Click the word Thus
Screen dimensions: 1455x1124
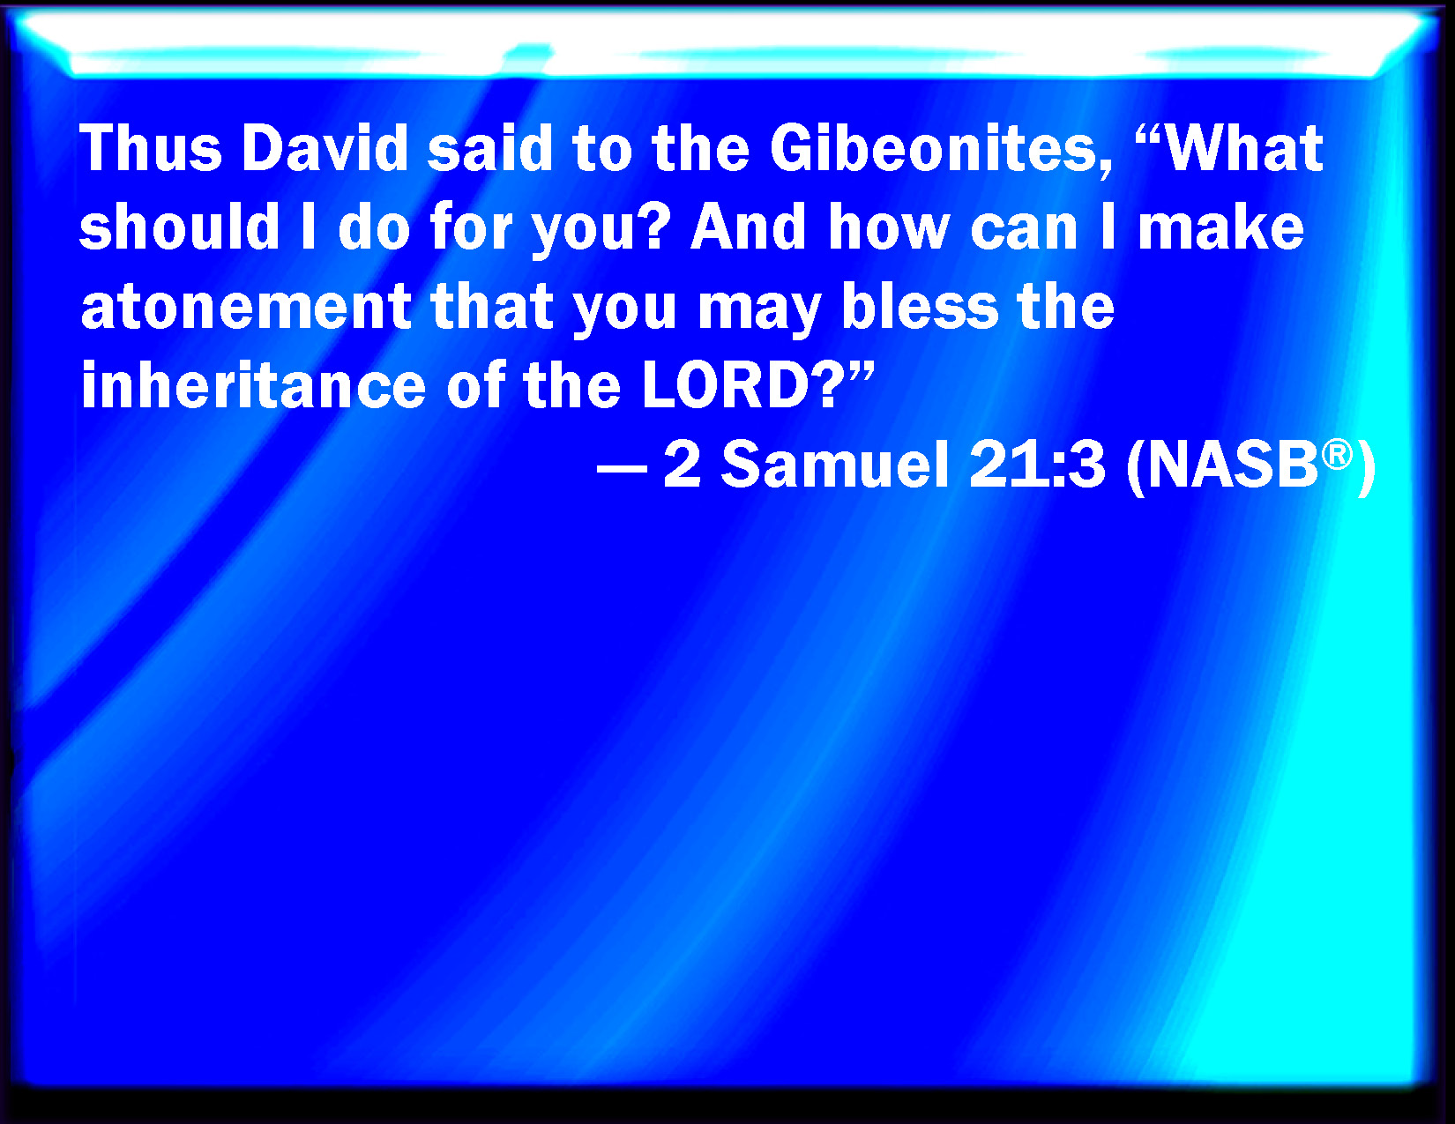pyautogui.click(x=151, y=148)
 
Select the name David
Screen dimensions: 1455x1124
pyautogui.click(x=325, y=148)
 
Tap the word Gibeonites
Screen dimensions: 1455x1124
pyautogui.click(x=940, y=150)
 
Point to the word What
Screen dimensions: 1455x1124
pyautogui.click(x=1244, y=148)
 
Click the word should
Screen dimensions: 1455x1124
pyautogui.click(x=179, y=227)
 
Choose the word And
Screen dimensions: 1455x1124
pyautogui.click(x=748, y=227)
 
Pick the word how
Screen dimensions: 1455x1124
pyautogui.click(x=889, y=227)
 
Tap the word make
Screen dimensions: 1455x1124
pyautogui.click(x=1221, y=227)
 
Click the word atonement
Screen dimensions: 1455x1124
pyautogui.click(x=246, y=307)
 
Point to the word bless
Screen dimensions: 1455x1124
pyautogui.click(x=920, y=306)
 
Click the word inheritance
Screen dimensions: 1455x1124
pyautogui.click(x=253, y=385)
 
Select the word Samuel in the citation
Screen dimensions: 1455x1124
pyautogui.click(x=835, y=465)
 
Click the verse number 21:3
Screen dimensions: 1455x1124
pyautogui.click(x=1036, y=465)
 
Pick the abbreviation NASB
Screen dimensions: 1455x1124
pyautogui.click(x=1234, y=465)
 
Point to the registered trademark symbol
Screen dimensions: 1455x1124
pyautogui.click(x=1337, y=455)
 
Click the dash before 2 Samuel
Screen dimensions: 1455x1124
pyautogui.click(x=622, y=468)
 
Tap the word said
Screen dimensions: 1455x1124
pyautogui.click(x=489, y=148)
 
